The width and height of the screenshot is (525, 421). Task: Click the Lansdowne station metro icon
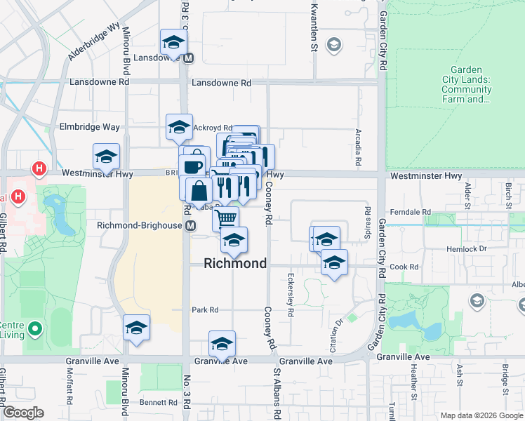[188, 58]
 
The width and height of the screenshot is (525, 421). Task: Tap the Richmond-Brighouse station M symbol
[190, 225]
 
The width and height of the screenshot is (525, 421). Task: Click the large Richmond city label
[235, 264]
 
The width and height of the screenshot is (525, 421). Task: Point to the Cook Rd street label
[404, 267]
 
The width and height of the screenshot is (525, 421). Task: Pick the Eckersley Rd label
[290, 289]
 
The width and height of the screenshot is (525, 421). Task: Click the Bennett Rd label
[158, 402]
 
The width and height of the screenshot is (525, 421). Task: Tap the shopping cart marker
[225, 218]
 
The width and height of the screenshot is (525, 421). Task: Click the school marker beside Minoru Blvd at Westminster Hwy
[106, 156]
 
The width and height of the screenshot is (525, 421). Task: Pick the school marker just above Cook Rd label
[334, 262]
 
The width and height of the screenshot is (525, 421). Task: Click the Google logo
[24, 413]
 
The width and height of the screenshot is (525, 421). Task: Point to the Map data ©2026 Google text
[481, 415]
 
